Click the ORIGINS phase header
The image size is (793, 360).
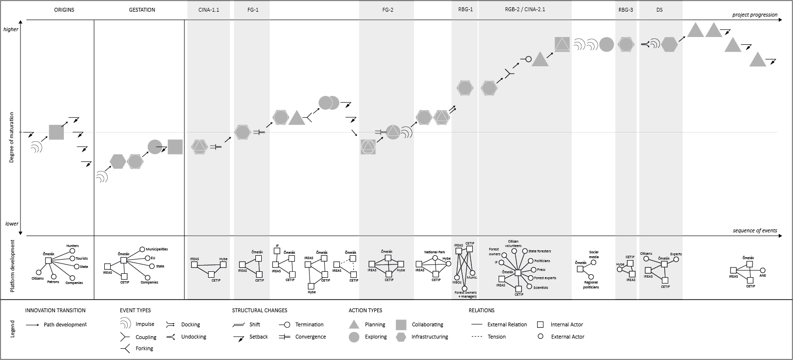64,10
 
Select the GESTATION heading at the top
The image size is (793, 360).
142,10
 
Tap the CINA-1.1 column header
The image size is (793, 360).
209,10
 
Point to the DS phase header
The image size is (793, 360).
659,10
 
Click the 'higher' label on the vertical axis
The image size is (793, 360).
11,29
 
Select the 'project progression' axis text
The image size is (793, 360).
754,15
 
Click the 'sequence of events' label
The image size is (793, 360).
755,230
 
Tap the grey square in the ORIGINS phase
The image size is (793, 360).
56,132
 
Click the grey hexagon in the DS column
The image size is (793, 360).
669,44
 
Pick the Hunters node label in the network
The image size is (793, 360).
72,246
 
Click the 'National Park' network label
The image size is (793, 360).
434,252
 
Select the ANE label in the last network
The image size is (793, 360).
763,276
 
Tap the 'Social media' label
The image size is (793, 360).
594,254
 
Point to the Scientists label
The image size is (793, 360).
541,287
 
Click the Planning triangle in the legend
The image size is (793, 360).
354,324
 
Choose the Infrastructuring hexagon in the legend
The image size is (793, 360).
401,337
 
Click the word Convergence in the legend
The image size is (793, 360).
310,337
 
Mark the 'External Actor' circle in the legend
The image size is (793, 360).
540,336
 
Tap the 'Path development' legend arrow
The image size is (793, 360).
33,325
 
